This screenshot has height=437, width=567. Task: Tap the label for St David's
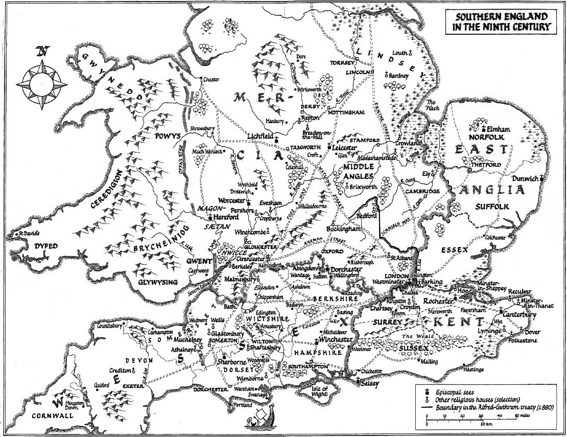click(x=28, y=235)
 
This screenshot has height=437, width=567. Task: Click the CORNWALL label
click(x=46, y=416)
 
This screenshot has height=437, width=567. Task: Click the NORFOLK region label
click(x=490, y=137)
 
